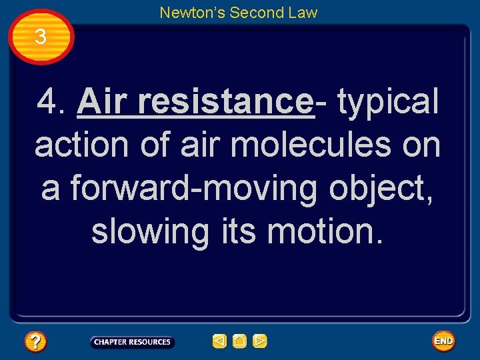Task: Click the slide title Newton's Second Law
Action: [238, 12]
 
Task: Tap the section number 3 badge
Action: [41, 37]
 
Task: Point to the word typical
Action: [388, 102]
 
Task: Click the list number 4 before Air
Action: [51, 102]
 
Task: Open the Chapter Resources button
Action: [132, 342]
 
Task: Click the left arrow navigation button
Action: [219, 341]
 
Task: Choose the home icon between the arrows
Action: [239, 341]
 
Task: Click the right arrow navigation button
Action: [260, 341]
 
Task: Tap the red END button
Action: [443, 341]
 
